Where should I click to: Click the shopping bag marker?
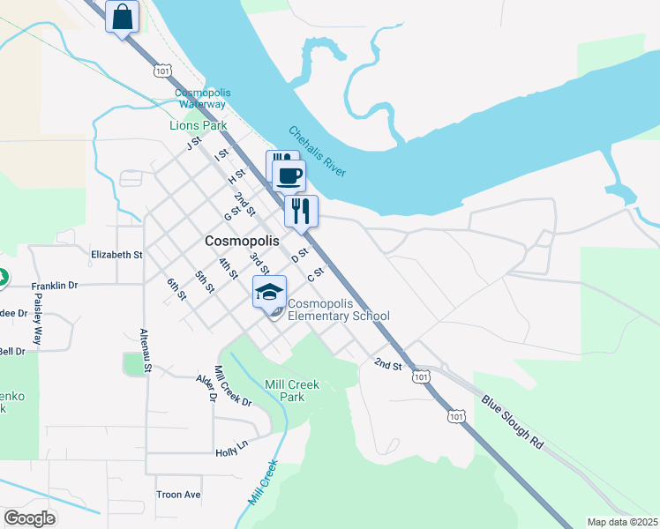[x=123, y=17]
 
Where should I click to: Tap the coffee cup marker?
[x=289, y=175]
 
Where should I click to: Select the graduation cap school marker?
[x=270, y=293]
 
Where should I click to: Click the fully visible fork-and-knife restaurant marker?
[x=301, y=212]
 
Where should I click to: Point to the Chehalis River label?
[x=318, y=153]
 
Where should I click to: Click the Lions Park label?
[x=199, y=125]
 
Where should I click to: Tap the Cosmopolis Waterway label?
[x=201, y=98]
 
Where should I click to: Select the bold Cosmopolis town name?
[x=242, y=240]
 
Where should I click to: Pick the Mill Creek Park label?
[x=292, y=391]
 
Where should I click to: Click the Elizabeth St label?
[x=116, y=255]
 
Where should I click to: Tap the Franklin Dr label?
[x=55, y=286]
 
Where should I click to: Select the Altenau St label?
[x=146, y=350]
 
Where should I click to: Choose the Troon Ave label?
[x=178, y=495]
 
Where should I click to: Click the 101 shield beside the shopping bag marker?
[x=161, y=70]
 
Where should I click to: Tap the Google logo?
[x=29, y=518]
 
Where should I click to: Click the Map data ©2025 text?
[x=622, y=522]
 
